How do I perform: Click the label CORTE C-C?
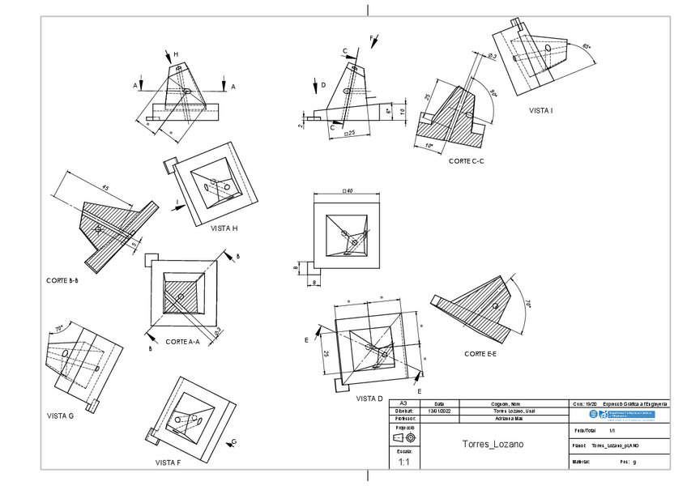pyautogui.click(x=466, y=161)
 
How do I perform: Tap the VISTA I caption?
pyautogui.click(x=540, y=110)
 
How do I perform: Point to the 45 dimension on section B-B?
pyautogui.click(x=105, y=188)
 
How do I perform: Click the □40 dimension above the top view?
pyautogui.click(x=348, y=191)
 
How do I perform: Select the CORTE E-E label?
pyautogui.click(x=480, y=354)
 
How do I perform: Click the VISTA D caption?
pyautogui.click(x=369, y=399)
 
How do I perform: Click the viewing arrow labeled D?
pyautogui.click(x=314, y=85)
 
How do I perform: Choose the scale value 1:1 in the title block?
pyautogui.click(x=404, y=463)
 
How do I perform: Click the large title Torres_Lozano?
pyautogui.click(x=493, y=445)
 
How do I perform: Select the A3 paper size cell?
pyautogui.click(x=404, y=403)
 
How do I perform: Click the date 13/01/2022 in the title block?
pyautogui.click(x=440, y=411)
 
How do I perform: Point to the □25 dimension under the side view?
pyautogui.click(x=349, y=132)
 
